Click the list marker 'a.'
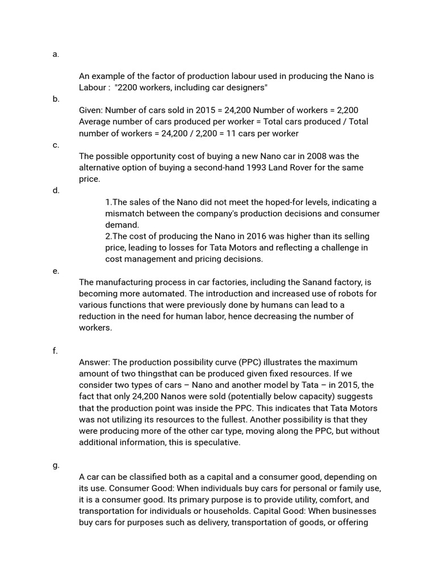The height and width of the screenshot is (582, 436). coord(55,54)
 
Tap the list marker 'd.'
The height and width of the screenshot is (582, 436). coord(56,190)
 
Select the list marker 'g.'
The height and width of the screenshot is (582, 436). coord(56,465)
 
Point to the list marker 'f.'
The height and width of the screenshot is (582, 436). coord(55,351)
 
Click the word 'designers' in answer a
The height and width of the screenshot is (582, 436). coord(244,88)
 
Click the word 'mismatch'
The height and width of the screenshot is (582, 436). coord(124,214)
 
